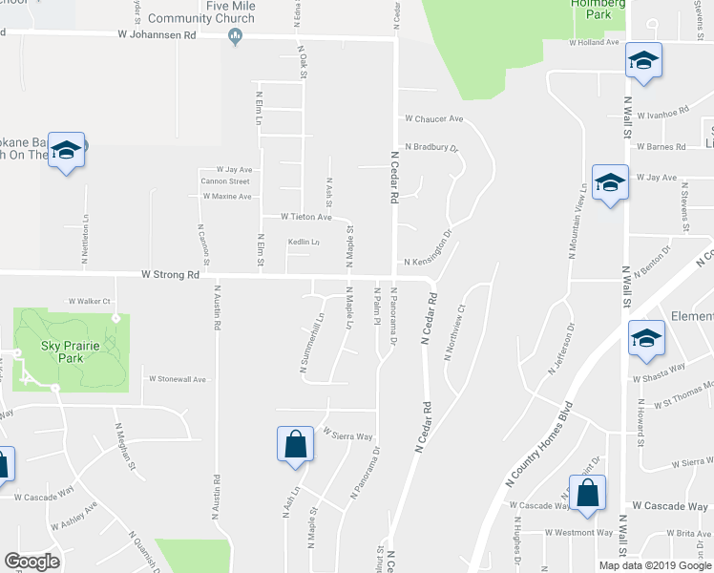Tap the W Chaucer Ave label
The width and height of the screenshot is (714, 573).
click(x=433, y=119)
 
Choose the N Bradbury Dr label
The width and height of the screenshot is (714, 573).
click(x=431, y=147)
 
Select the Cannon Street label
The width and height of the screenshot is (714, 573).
click(x=225, y=181)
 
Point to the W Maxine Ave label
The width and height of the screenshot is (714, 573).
click(x=225, y=197)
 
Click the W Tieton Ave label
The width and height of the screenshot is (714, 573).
click(x=305, y=217)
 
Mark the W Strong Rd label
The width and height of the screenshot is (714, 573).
click(x=170, y=274)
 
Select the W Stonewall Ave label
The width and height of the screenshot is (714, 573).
click(x=178, y=379)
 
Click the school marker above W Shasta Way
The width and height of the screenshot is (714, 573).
click(x=646, y=339)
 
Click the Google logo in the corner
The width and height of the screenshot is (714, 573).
click(x=31, y=562)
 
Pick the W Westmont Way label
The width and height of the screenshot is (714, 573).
click(x=579, y=533)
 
